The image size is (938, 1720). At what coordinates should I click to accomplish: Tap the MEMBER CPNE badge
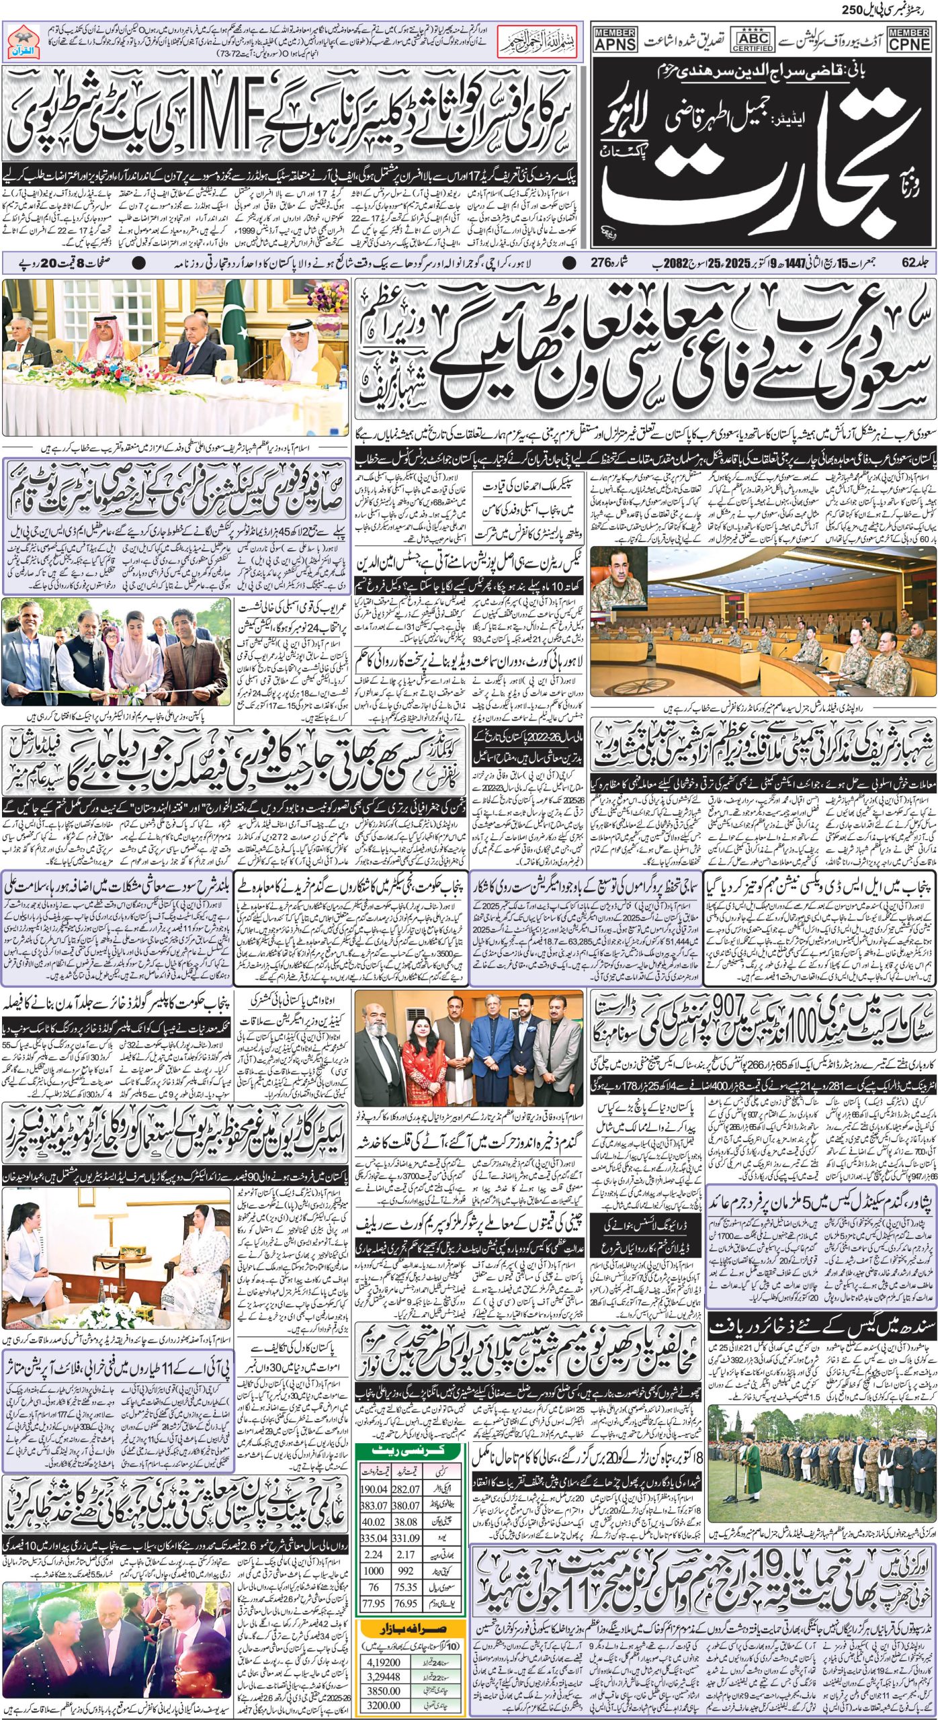click(x=909, y=40)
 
